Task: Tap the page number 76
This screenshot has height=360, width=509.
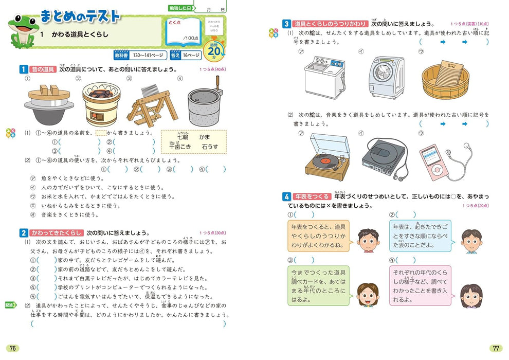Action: tap(13, 348)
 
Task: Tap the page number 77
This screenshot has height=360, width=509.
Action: tap(495, 348)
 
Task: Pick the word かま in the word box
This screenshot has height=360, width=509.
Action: tap(211, 137)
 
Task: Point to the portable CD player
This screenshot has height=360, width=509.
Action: tap(383, 157)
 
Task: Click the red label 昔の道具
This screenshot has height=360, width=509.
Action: tap(43, 68)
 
